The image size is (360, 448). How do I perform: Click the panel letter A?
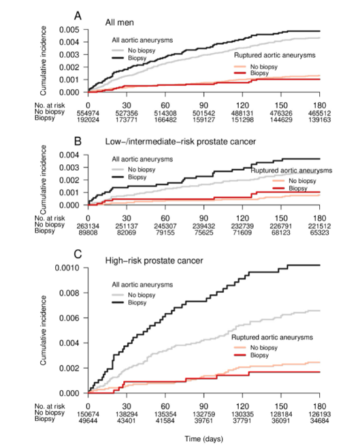(x=78, y=16)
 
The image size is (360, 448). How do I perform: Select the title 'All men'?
(x=120, y=23)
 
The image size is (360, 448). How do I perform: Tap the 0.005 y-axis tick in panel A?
(x=69, y=30)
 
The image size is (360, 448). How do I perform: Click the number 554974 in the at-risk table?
(x=88, y=113)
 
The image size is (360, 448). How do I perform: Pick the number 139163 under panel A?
(x=319, y=120)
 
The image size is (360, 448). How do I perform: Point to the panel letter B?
(x=78, y=141)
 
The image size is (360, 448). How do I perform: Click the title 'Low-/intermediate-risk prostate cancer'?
(x=180, y=142)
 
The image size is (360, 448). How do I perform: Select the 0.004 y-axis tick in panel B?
(x=69, y=155)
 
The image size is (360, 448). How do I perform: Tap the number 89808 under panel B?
(x=88, y=232)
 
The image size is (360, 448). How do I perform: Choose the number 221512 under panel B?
(x=319, y=226)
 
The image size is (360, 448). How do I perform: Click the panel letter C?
(x=78, y=253)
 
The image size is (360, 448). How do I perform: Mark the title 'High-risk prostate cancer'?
(x=154, y=261)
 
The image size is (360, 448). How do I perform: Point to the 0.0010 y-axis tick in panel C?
(x=67, y=268)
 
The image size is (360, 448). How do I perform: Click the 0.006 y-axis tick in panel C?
(x=69, y=318)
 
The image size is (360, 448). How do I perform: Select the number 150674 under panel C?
(x=88, y=414)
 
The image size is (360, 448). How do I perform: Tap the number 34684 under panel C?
(x=319, y=421)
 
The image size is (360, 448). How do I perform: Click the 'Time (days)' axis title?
(x=204, y=439)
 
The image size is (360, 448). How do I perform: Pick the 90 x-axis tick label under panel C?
(x=204, y=406)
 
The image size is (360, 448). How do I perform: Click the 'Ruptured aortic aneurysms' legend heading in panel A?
(x=275, y=55)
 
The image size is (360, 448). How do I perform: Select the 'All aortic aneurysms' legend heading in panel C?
(x=142, y=285)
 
